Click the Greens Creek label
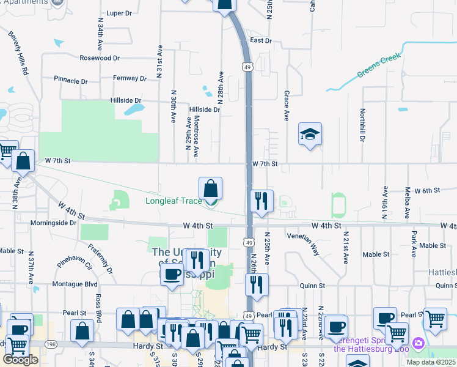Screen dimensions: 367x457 click(x=378, y=66)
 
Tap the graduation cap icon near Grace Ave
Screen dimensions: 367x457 click(x=310, y=134)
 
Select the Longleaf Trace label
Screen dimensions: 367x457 click(x=174, y=201)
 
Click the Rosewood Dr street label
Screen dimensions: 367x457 click(x=100, y=58)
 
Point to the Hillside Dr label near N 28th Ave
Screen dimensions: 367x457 click(x=204, y=109)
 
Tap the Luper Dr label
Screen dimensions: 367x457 click(x=119, y=13)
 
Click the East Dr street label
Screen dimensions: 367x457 click(x=260, y=40)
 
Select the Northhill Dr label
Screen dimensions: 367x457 click(x=362, y=125)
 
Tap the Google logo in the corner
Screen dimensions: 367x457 click(x=20, y=360)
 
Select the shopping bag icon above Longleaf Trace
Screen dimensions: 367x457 click(x=210, y=188)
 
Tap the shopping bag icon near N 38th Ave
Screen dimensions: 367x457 click(x=23, y=161)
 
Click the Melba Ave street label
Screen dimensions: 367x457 click(x=407, y=203)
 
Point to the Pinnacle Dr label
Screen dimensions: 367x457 click(x=70, y=80)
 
